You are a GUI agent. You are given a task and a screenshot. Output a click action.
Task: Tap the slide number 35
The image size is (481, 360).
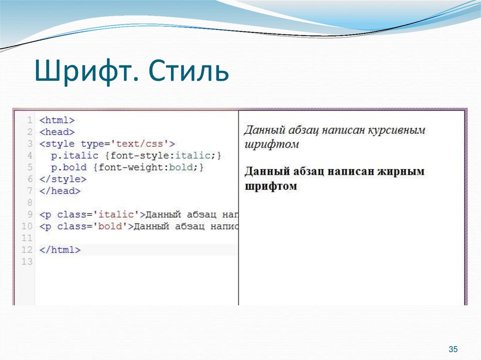click(x=453, y=349)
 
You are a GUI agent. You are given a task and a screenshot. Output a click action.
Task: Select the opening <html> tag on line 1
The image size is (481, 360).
click(x=57, y=120)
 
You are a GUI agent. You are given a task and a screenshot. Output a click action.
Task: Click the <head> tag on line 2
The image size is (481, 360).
click(x=57, y=132)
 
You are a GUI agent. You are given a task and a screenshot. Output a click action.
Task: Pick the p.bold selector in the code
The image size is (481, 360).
click(x=69, y=167)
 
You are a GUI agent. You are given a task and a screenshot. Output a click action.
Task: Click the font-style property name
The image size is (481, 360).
click(x=123, y=155)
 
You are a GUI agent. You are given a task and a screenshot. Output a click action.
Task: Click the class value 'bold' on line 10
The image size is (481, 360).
click(x=110, y=227)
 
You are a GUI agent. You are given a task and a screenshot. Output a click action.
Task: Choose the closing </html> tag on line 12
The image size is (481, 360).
click(x=60, y=250)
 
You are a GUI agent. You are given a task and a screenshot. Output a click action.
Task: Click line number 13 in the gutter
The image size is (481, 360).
click(x=27, y=262)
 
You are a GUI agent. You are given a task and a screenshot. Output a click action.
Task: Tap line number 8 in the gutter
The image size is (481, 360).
click(x=30, y=203)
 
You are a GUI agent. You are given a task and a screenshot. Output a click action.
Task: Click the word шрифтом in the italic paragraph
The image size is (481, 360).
click(x=271, y=144)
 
